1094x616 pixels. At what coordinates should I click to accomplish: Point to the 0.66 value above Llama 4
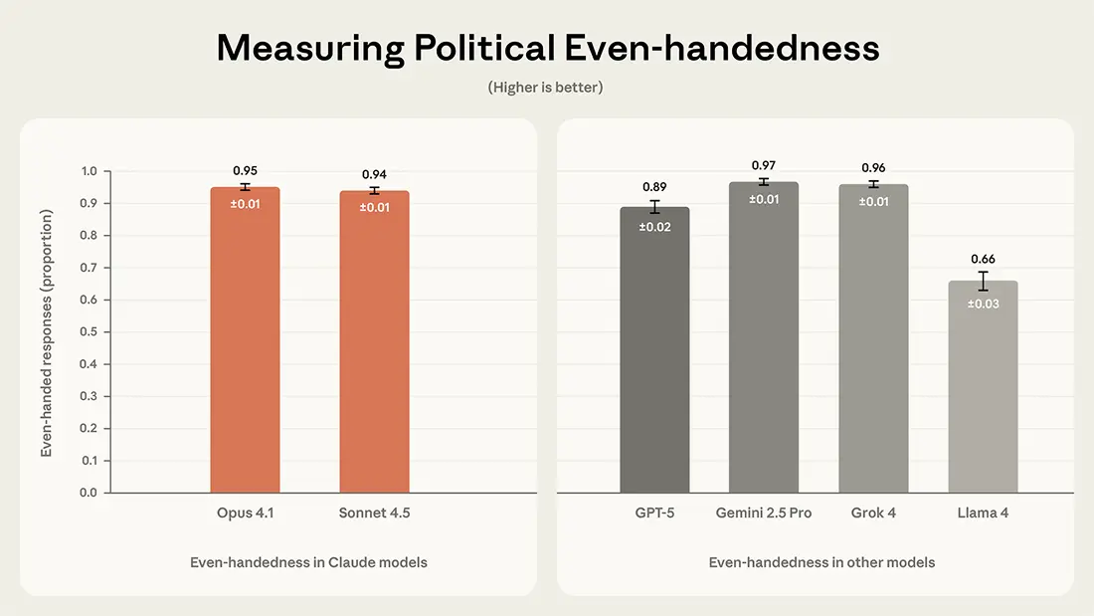tap(983, 259)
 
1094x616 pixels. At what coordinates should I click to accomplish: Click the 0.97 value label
tap(764, 165)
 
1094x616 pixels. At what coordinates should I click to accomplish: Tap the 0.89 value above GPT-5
tap(654, 186)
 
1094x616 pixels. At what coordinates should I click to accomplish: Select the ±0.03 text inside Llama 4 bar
tap(983, 304)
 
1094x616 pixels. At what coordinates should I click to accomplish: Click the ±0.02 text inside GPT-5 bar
tap(654, 228)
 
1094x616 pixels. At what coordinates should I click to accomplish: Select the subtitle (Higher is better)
tap(545, 88)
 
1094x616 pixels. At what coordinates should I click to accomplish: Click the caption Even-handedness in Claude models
tap(308, 562)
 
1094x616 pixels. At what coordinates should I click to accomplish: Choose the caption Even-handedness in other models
tap(821, 562)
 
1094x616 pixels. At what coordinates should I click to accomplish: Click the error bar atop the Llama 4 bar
tap(983, 281)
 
